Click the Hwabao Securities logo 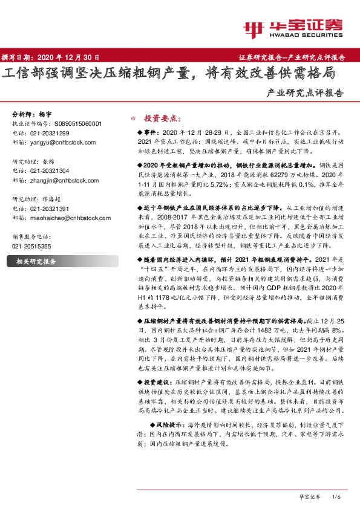[x=292, y=28]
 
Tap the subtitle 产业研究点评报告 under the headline [x=304, y=94]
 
